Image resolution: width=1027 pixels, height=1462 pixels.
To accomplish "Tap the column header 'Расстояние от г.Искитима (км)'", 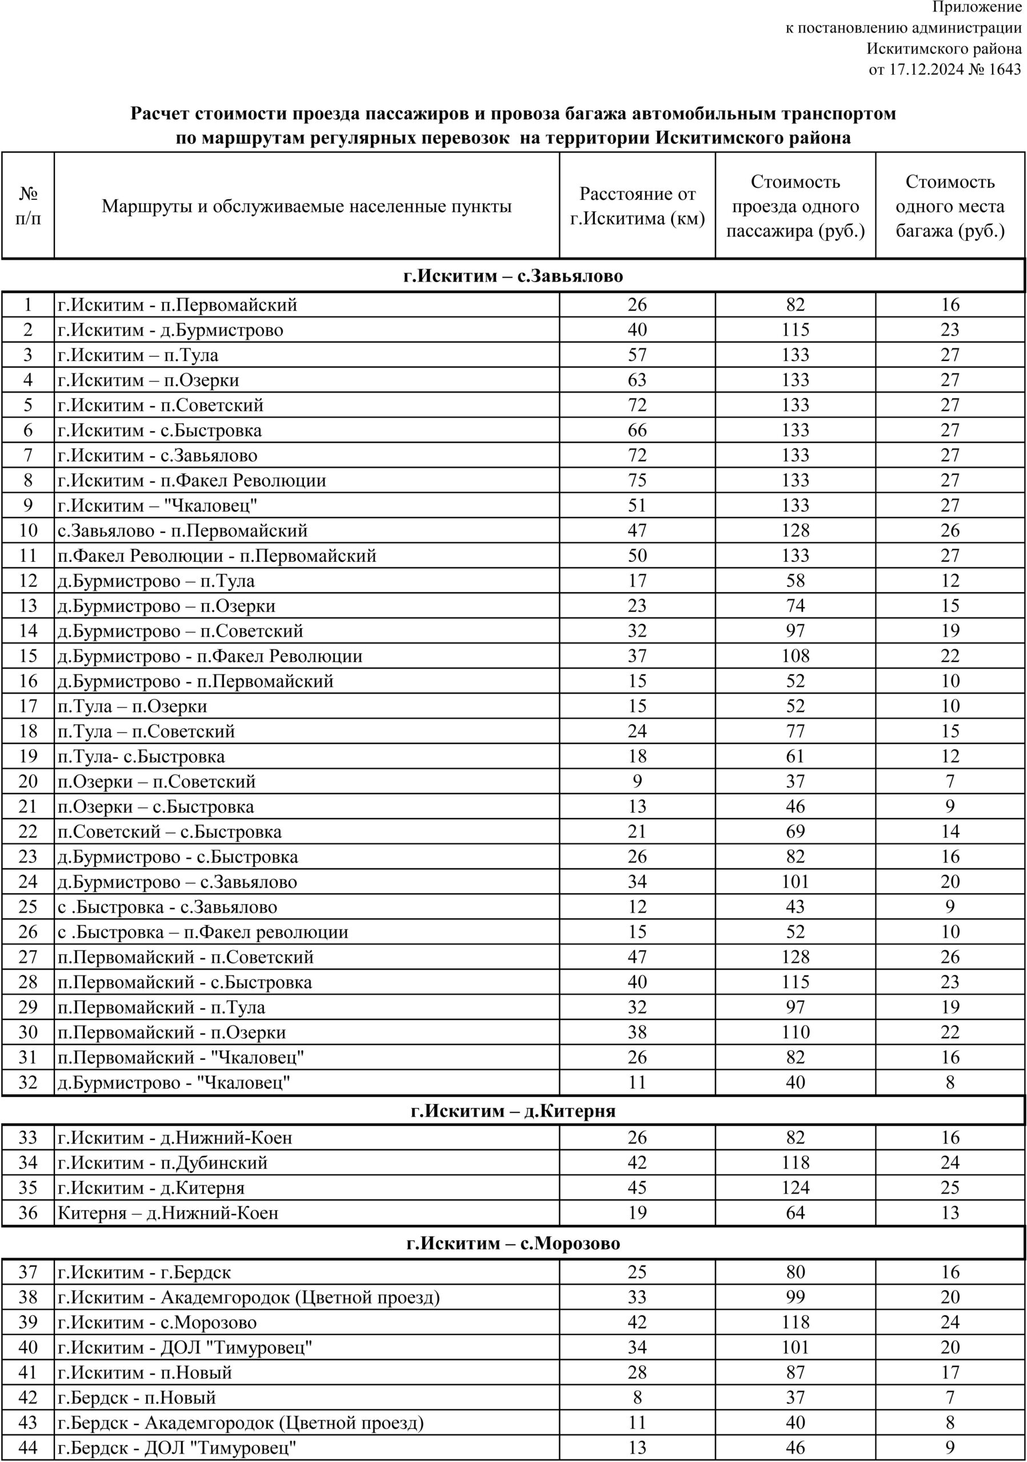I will click(x=637, y=206).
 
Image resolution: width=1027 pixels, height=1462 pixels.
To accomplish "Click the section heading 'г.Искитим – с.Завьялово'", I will click(x=513, y=276).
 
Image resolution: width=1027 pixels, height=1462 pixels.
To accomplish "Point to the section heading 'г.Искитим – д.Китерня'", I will click(x=513, y=1111).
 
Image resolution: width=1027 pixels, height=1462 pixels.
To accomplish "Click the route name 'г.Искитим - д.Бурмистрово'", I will click(x=171, y=330).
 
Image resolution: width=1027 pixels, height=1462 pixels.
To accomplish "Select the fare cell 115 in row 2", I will click(x=795, y=330).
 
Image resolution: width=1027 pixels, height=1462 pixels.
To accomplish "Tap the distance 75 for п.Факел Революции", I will click(x=637, y=480).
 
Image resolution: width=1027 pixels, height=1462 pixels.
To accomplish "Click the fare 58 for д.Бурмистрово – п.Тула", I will click(x=795, y=581).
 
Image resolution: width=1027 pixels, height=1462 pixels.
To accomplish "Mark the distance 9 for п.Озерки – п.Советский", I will click(x=637, y=781).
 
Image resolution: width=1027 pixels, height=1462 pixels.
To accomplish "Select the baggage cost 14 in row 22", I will click(x=950, y=832).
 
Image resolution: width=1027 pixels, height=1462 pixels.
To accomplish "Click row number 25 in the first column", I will click(x=28, y=907).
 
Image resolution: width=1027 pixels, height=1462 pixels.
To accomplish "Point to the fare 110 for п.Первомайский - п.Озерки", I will click(x=795, y=1032).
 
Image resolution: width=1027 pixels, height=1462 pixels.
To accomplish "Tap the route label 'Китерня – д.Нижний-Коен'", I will click(x=168, y=1213).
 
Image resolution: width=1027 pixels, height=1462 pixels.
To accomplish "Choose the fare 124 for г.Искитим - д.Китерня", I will click(x=795, y=1187).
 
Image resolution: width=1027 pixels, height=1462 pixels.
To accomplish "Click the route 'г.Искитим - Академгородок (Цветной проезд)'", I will click(x=249, y=1297).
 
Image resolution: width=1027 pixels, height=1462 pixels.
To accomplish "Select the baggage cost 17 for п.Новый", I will click(x=950, y=1372).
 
